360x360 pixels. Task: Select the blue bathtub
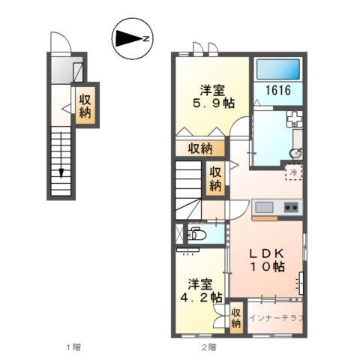coord(277,68)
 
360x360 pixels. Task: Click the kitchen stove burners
coord(291,207)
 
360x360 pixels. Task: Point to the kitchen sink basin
coord(263,207)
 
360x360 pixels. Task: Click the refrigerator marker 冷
coord(295,172)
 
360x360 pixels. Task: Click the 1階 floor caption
coord(73,346)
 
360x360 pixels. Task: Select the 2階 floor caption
coord(208,346)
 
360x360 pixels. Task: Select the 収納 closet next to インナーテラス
coord(236,315)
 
